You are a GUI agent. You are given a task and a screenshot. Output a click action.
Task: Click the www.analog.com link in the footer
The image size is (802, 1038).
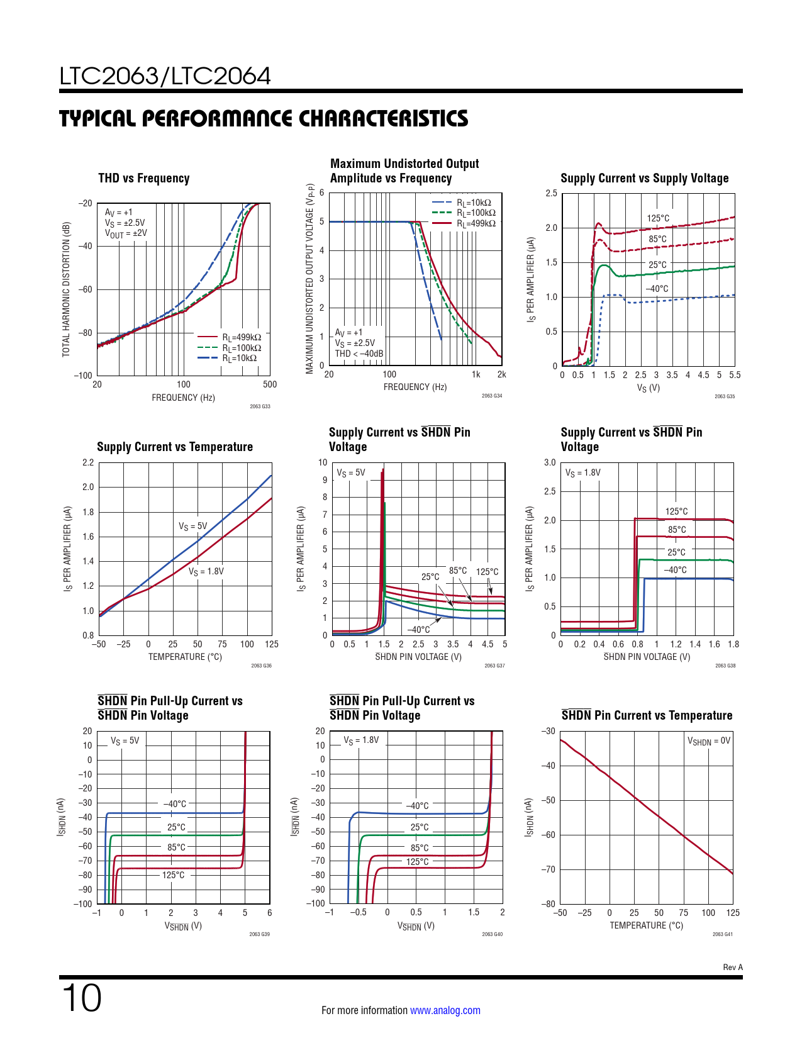[445, 1010]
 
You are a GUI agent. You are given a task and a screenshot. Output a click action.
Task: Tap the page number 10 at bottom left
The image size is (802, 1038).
[81, 998]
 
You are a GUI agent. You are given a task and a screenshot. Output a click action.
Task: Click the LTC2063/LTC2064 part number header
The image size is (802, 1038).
[165, 76]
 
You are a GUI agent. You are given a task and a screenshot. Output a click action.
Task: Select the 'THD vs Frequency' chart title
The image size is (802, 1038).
[144, 178]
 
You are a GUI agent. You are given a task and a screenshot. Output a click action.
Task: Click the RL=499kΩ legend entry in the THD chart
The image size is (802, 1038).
[241, 337]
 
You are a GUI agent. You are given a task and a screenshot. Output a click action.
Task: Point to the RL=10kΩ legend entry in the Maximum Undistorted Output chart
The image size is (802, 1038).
[473, 203]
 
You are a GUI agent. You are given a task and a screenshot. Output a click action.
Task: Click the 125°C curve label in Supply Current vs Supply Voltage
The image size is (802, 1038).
[658, 218]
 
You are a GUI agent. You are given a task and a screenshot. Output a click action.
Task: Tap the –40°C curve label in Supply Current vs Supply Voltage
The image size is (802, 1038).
[657, 289]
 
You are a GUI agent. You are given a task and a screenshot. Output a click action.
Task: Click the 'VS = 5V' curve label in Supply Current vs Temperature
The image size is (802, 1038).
[192, 526]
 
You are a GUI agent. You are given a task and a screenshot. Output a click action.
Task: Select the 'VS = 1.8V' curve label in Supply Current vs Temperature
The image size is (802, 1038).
[206, 571]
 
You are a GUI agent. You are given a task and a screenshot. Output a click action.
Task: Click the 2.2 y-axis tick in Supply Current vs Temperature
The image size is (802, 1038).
[88, 462]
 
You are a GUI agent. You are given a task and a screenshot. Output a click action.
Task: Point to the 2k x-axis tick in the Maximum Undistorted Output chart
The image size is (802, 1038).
[501, 374]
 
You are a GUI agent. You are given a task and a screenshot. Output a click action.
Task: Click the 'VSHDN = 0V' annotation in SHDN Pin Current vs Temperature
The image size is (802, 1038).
[709, 741]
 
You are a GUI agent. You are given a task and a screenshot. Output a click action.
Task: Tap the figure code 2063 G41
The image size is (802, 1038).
[722, 934]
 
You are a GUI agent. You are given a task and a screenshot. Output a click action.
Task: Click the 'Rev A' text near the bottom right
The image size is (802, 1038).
[733, 968]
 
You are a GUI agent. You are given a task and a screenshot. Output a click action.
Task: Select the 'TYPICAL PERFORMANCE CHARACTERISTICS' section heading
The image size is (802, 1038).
[264, 119]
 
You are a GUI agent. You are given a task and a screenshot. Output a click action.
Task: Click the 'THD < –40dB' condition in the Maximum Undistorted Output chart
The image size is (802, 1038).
[359, 354]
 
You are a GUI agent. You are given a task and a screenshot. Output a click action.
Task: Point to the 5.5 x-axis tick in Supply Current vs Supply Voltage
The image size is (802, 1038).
[735, 375]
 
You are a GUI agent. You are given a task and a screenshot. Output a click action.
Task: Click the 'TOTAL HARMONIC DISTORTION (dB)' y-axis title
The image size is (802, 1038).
[66, 289]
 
